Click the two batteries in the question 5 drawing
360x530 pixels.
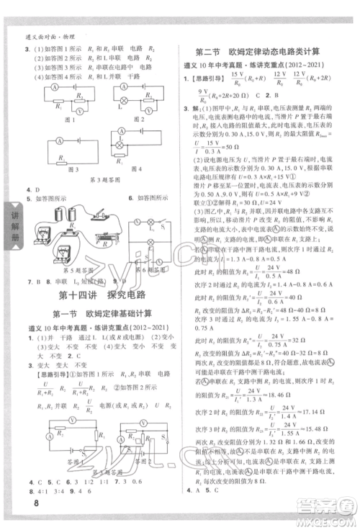pos(68,218)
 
